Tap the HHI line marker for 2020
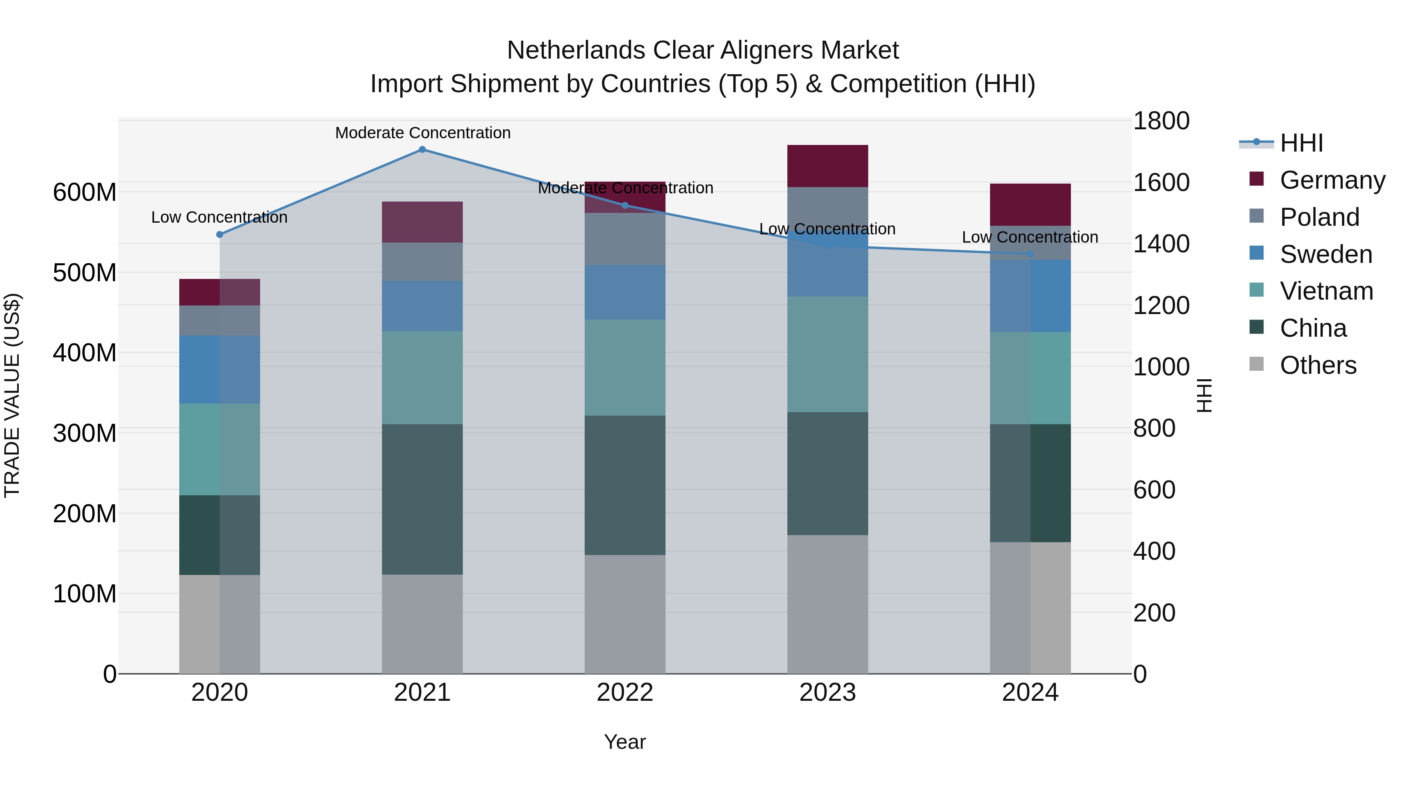point(220,235)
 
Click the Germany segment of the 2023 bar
point(828,166)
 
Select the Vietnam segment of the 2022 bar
point(625,368)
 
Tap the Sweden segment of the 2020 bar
point(220,370)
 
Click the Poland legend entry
point(1319,217)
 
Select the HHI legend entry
point(1301,143)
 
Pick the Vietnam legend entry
point(1326,291)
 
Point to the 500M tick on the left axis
point(85,272)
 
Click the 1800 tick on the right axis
point(1161,121)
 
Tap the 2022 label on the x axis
point(625,693)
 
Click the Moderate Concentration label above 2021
point(423,133)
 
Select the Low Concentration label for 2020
point(219,217)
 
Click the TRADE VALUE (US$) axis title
point(12,395)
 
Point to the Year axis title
point(625,742)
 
